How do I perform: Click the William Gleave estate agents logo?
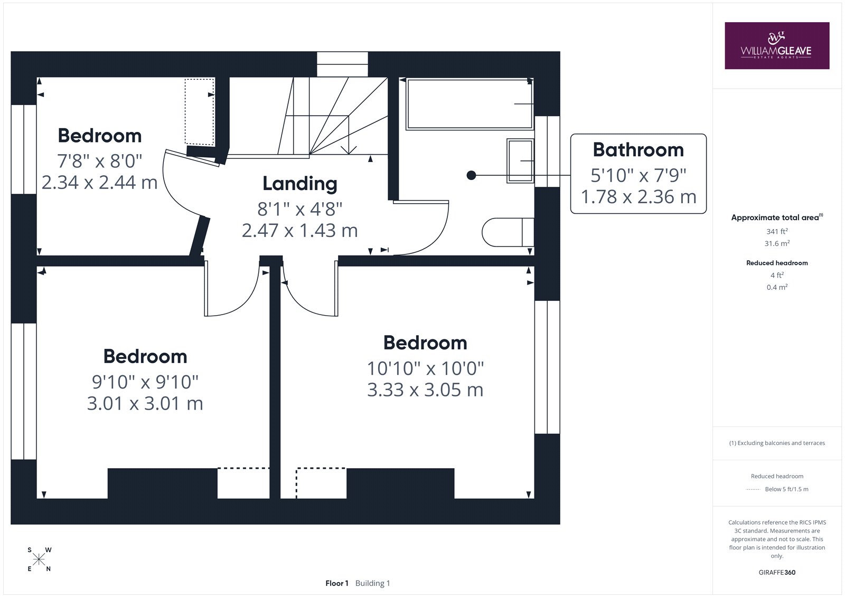pos(777,45)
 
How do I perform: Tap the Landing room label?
pos(300,184)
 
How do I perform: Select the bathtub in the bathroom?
pos(470,103)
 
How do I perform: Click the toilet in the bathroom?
pos(508,232)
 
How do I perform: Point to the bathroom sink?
pos(520,160)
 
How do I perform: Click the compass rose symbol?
pos(39,560)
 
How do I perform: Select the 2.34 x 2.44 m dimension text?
pos(99,183)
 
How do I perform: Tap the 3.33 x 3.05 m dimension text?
pos(425,390)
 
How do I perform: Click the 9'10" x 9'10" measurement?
pos(145,382)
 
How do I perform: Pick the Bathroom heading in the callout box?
pos(639,150)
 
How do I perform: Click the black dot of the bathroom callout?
pos(471,175)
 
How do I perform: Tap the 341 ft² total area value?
pos(777,231)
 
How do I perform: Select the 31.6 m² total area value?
pos(777,243)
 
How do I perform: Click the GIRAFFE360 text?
pos(777,572)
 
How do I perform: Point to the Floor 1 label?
pos(337,583)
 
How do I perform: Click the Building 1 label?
pos(372,583)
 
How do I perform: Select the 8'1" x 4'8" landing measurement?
pos(300,209)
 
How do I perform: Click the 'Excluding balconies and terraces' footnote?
pos(777,443)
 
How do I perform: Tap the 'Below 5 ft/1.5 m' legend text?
pos(786,489)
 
